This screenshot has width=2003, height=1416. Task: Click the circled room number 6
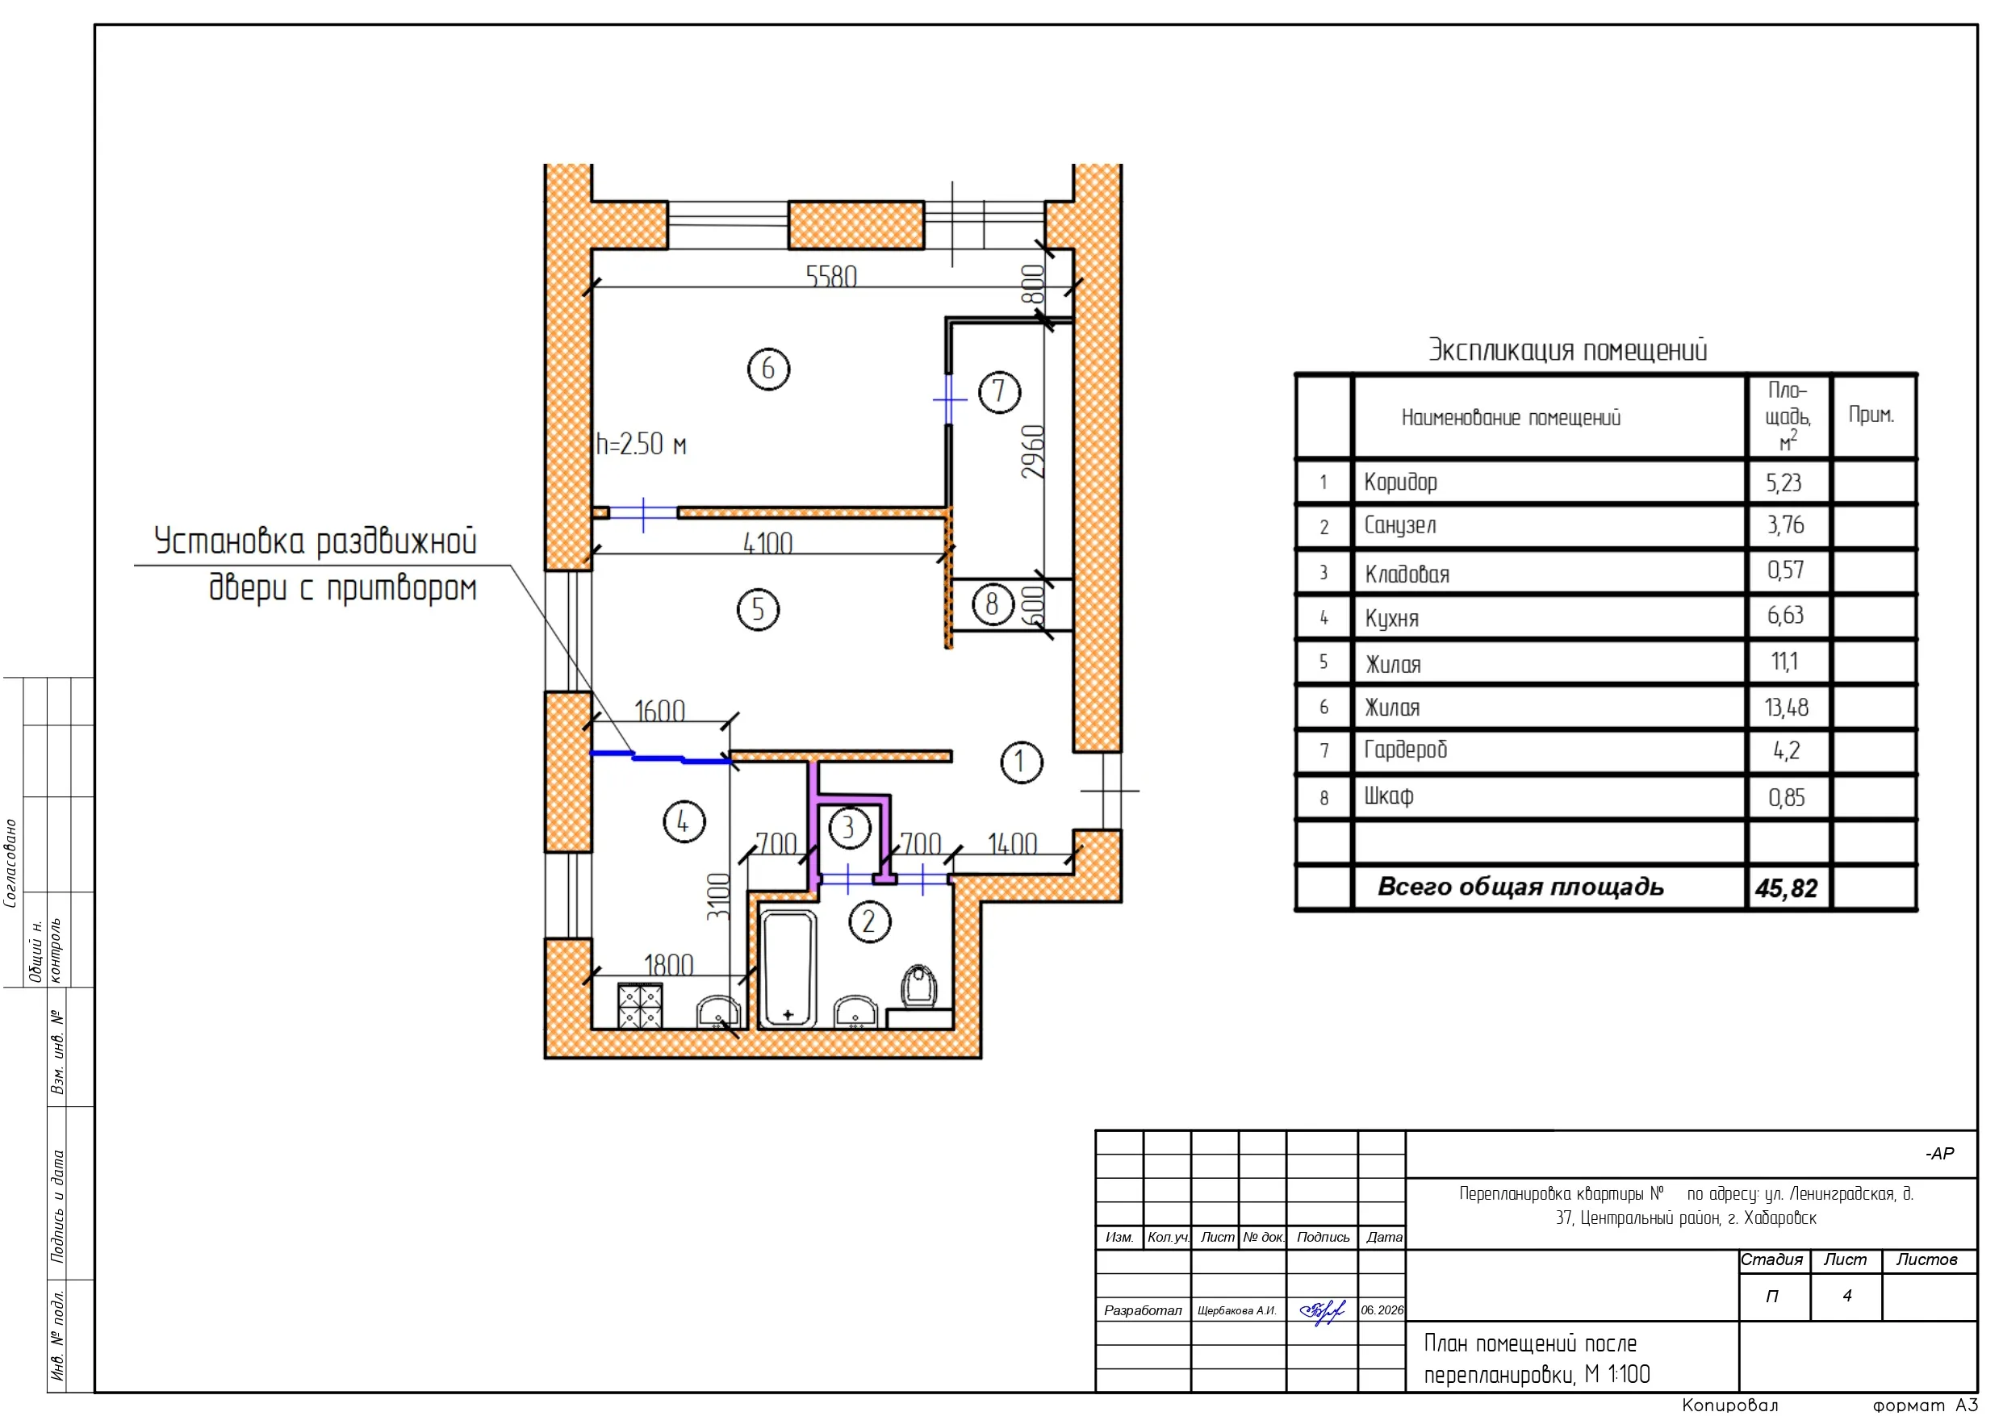pyautogui.click(x=767, y=368)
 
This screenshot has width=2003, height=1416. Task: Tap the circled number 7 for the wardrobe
pyautogui.click(x=999, y=392)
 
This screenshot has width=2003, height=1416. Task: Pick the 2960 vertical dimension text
pyautogui.click(x=1033, y=451)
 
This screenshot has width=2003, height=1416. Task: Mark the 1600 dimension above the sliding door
pyautogui.click(x=659, y=710)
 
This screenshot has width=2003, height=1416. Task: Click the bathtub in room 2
pyautogui.click(x=788, y=968)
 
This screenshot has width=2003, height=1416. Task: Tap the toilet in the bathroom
pyautogui.click(x=918, y=986)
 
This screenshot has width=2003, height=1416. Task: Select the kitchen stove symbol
pyautogui.click(x=640, y=1006)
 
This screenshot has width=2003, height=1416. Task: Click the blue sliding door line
pyautogui.click(x=661, y=758)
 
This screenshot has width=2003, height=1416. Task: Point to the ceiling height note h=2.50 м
pyautogui.click(x=642, y=444)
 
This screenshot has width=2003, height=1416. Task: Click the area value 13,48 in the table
pyautogui.click(x=1787, y=707)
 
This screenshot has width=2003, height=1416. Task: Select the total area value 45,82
pyautogui.click(x=1786, y=888)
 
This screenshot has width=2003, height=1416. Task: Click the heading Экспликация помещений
pyautogui.click(x=1566, y=350)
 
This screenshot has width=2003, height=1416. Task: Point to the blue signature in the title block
pyautogui.click(x=1323, y=1310)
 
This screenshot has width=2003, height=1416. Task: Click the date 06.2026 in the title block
pyautogui.click(x=1382, y=1309)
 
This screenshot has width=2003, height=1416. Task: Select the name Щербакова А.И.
pyautogui.click(x=1237, y=1310)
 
